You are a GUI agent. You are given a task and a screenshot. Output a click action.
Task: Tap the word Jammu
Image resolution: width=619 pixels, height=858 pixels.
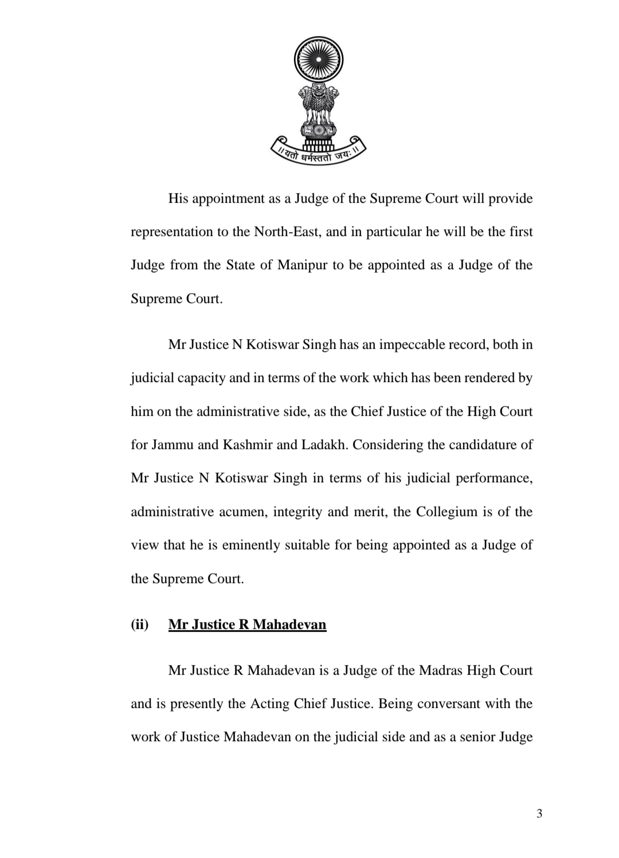pos(173,445)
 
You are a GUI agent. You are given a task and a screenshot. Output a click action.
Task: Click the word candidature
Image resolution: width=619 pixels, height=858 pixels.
pos(476,445)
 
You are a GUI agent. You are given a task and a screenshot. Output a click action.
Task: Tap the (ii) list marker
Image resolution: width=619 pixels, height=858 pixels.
pos(139,624)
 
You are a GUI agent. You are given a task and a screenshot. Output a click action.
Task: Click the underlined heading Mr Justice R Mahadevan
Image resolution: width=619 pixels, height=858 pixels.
pos(247,624)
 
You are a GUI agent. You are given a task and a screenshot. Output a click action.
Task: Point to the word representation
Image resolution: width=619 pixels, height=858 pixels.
pos(171,232)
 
